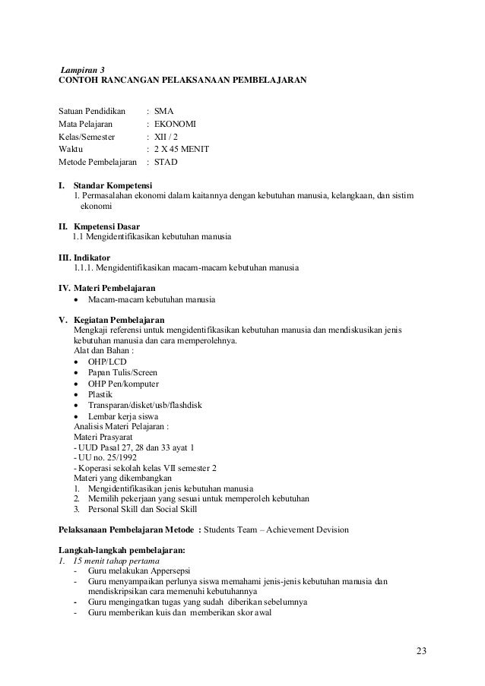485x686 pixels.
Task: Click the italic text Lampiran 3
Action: click(x=83, y=69)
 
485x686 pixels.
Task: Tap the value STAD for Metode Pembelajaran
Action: click(x=166, y=163)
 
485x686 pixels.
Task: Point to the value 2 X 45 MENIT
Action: click(x=182, y=149)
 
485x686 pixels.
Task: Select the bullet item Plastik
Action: click(x=102, y=394)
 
